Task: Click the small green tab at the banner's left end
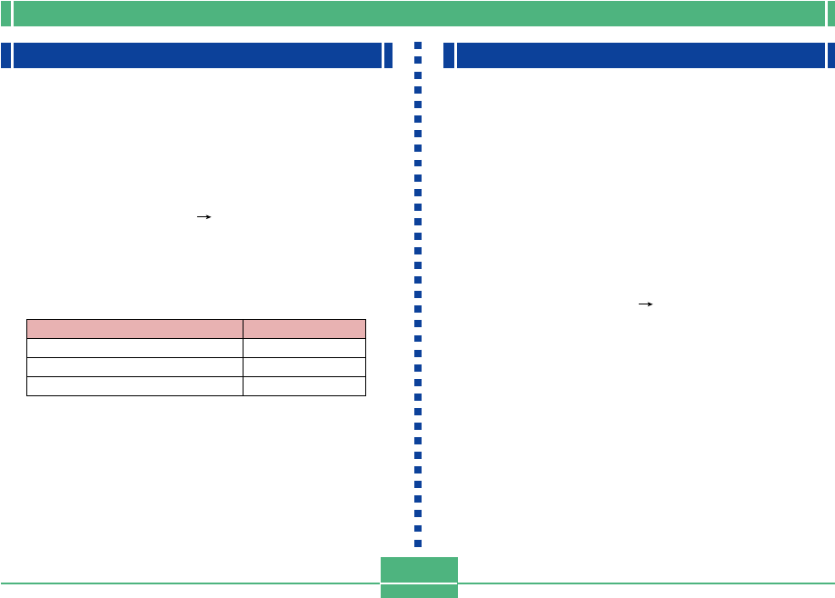coord(5,14)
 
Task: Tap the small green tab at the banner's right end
coord(830,14)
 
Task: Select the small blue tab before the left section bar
coord(5,55)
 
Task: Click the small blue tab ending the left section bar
coord(389,55)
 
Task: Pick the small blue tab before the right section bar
coord(449,55)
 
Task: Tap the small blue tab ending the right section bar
coord(830,55)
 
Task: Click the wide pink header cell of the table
coord(134,329)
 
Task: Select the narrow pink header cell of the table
coord(304,329)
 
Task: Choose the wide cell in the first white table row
coord(134,348)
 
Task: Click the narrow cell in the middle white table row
coord(304,367)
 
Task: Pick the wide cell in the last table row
coord(134,386)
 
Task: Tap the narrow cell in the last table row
coord(304,386)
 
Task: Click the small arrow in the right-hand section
coord(646,305)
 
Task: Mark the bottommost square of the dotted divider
coord(418,543)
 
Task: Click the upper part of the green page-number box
coord(419,570)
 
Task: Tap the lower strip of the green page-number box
coord(419,592)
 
